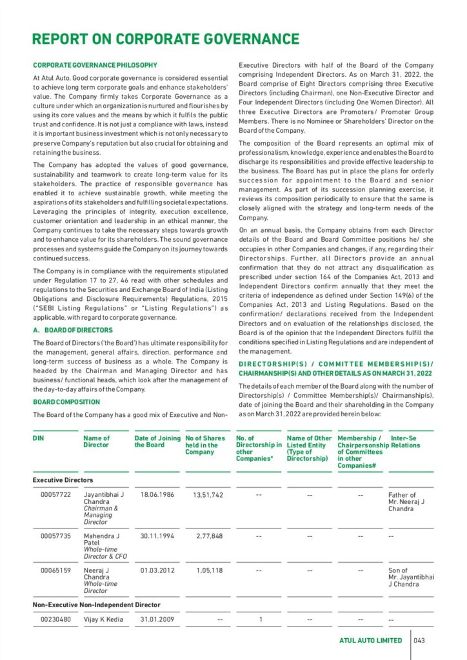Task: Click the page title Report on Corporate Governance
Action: tap(166, 39)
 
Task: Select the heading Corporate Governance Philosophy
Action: tap(95, 65)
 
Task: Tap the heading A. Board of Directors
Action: tap(72, 330)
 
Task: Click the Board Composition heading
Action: tap(66, 402)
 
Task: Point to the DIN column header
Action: tap(38, 438)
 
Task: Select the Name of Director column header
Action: tap(97, 442)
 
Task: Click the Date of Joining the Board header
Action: tap(157, 442)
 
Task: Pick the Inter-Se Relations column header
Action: tap(405, 442)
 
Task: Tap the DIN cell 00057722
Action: tap(54, 495)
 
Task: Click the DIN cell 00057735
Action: tap(54, 536)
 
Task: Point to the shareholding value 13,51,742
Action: tap(208, 495)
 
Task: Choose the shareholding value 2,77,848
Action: tap(209, 536)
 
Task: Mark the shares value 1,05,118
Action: tap(209, 570)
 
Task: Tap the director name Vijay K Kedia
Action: tap(103, 620)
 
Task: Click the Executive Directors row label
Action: tap(63, 480)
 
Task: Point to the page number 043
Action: tap(420, 641)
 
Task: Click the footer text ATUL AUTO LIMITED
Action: tap(370, 641)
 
